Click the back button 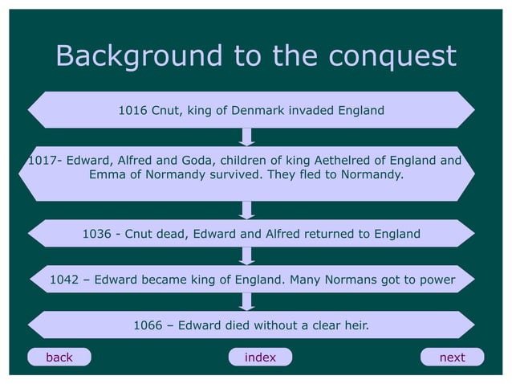[x=59, y=357]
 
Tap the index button [x=259, y=357]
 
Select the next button [x=452, y=357]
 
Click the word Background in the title [x=138, y=56]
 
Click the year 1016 [x=132, y=110]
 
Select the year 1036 [x=96, y=234]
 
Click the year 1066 [x=148, y=325]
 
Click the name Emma [x=106, y=174]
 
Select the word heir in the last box [x=355, y=325]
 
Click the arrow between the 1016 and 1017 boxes [x=248, y=137]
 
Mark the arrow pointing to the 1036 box [x=248, y=209]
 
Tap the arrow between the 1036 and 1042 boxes [x=248, y=255]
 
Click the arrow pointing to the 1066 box [x=248, y=301]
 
